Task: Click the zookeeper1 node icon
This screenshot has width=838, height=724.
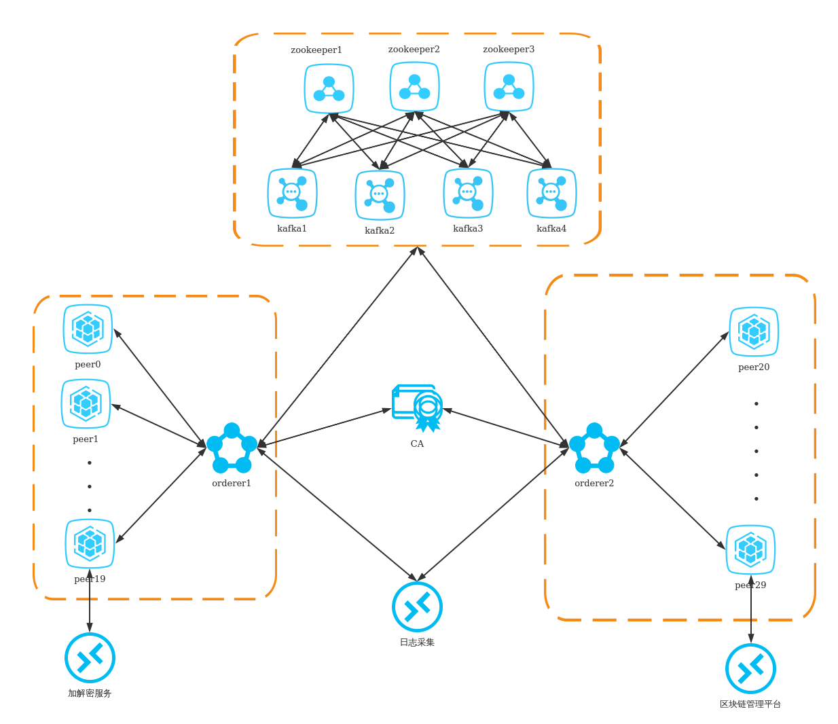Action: point(329,89)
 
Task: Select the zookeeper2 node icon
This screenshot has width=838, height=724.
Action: point(414,87)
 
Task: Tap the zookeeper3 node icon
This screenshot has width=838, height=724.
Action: point(509,87)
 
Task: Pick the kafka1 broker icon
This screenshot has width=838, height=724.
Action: point(292,194)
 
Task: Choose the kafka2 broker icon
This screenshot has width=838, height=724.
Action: point(380,196)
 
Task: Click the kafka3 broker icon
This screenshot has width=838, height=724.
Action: point(468,194)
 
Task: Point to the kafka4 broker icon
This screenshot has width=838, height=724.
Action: point(551,194)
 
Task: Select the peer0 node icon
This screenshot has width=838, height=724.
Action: point(88,329)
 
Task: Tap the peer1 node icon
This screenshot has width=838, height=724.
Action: point(86,404)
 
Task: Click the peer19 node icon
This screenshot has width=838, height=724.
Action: point(90,543)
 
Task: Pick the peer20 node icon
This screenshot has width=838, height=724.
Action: point(754,332)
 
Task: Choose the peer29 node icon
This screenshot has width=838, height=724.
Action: point(750,549)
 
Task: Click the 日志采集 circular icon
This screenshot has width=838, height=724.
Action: point(417,607)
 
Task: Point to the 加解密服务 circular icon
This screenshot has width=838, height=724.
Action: point(90,657)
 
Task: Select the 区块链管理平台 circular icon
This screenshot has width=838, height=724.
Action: point(750,668)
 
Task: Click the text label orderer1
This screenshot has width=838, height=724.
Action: point(232,484)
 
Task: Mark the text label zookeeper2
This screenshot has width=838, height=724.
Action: point(414,50)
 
